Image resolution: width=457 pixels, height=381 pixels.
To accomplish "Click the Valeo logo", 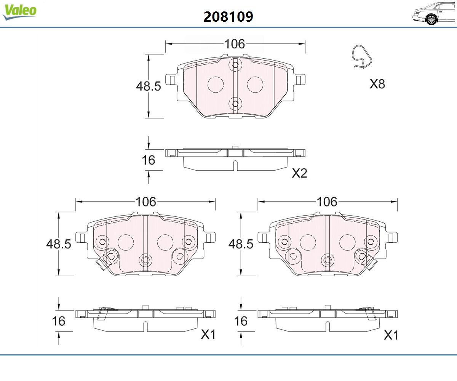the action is [x=19, y=12].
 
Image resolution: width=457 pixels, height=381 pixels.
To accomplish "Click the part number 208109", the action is [x=228, y=17].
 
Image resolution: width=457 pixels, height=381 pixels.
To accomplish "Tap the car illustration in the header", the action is [x=434, y=13].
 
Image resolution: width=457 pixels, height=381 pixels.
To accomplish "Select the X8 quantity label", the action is [x=377, y=84].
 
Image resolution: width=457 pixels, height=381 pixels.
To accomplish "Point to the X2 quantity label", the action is [x=299, y=173].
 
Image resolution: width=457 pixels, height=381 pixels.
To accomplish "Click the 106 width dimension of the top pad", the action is [x=235, y=44].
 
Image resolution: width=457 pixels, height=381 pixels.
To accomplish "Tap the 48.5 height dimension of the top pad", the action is [x=149, y=86].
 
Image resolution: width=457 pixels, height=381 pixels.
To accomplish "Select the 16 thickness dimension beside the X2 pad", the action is [x=149, y=160].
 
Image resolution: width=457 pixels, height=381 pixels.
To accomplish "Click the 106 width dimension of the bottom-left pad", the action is [x=146, y=202].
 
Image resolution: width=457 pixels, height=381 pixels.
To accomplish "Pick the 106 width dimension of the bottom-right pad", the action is [x=327, y=202].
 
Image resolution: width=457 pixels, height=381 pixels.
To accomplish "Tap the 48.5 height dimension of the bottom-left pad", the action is [x=59, y=244].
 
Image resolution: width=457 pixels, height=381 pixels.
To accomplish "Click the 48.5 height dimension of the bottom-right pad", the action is [x=241, y=244].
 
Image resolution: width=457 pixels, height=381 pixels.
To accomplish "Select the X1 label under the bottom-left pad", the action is [x=208, y=335].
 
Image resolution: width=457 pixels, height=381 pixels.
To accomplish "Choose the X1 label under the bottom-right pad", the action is [x=391, y=335].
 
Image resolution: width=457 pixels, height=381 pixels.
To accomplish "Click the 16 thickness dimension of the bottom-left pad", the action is [x=58, y=321].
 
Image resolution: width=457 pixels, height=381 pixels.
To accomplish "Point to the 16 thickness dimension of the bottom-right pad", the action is [x=241, y=321].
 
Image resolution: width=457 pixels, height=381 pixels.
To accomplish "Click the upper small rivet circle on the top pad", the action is [x=235, y=65].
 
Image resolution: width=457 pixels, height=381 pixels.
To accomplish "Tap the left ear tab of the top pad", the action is [x=171, y=80].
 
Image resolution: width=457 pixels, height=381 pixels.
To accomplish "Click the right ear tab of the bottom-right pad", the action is [x=392, y=238].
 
